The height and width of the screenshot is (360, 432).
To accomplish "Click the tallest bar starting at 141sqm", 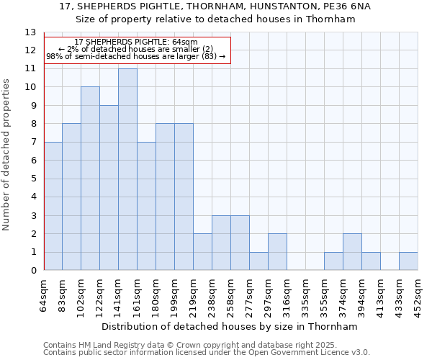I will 127,170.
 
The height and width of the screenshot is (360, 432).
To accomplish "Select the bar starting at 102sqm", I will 90,179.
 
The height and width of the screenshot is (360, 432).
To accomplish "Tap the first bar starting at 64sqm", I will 53,207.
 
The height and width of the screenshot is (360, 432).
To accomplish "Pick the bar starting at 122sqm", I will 109,188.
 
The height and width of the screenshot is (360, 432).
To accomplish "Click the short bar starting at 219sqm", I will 202,252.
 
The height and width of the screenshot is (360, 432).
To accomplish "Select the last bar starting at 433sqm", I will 408,261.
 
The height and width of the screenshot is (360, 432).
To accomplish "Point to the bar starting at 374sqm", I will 352,252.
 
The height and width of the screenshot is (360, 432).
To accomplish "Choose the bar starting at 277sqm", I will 258,261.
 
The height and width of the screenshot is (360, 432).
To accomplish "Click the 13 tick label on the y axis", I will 30,32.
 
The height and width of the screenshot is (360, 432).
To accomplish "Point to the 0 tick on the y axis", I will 32,271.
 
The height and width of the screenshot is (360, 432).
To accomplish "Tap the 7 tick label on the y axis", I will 32,143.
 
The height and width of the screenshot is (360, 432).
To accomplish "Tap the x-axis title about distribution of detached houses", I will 230,326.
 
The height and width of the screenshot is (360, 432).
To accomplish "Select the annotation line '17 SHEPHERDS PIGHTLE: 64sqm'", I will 136,42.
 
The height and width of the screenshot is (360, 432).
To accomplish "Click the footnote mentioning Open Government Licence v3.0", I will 207,353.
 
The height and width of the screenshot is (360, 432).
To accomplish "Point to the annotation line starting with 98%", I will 136,56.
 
